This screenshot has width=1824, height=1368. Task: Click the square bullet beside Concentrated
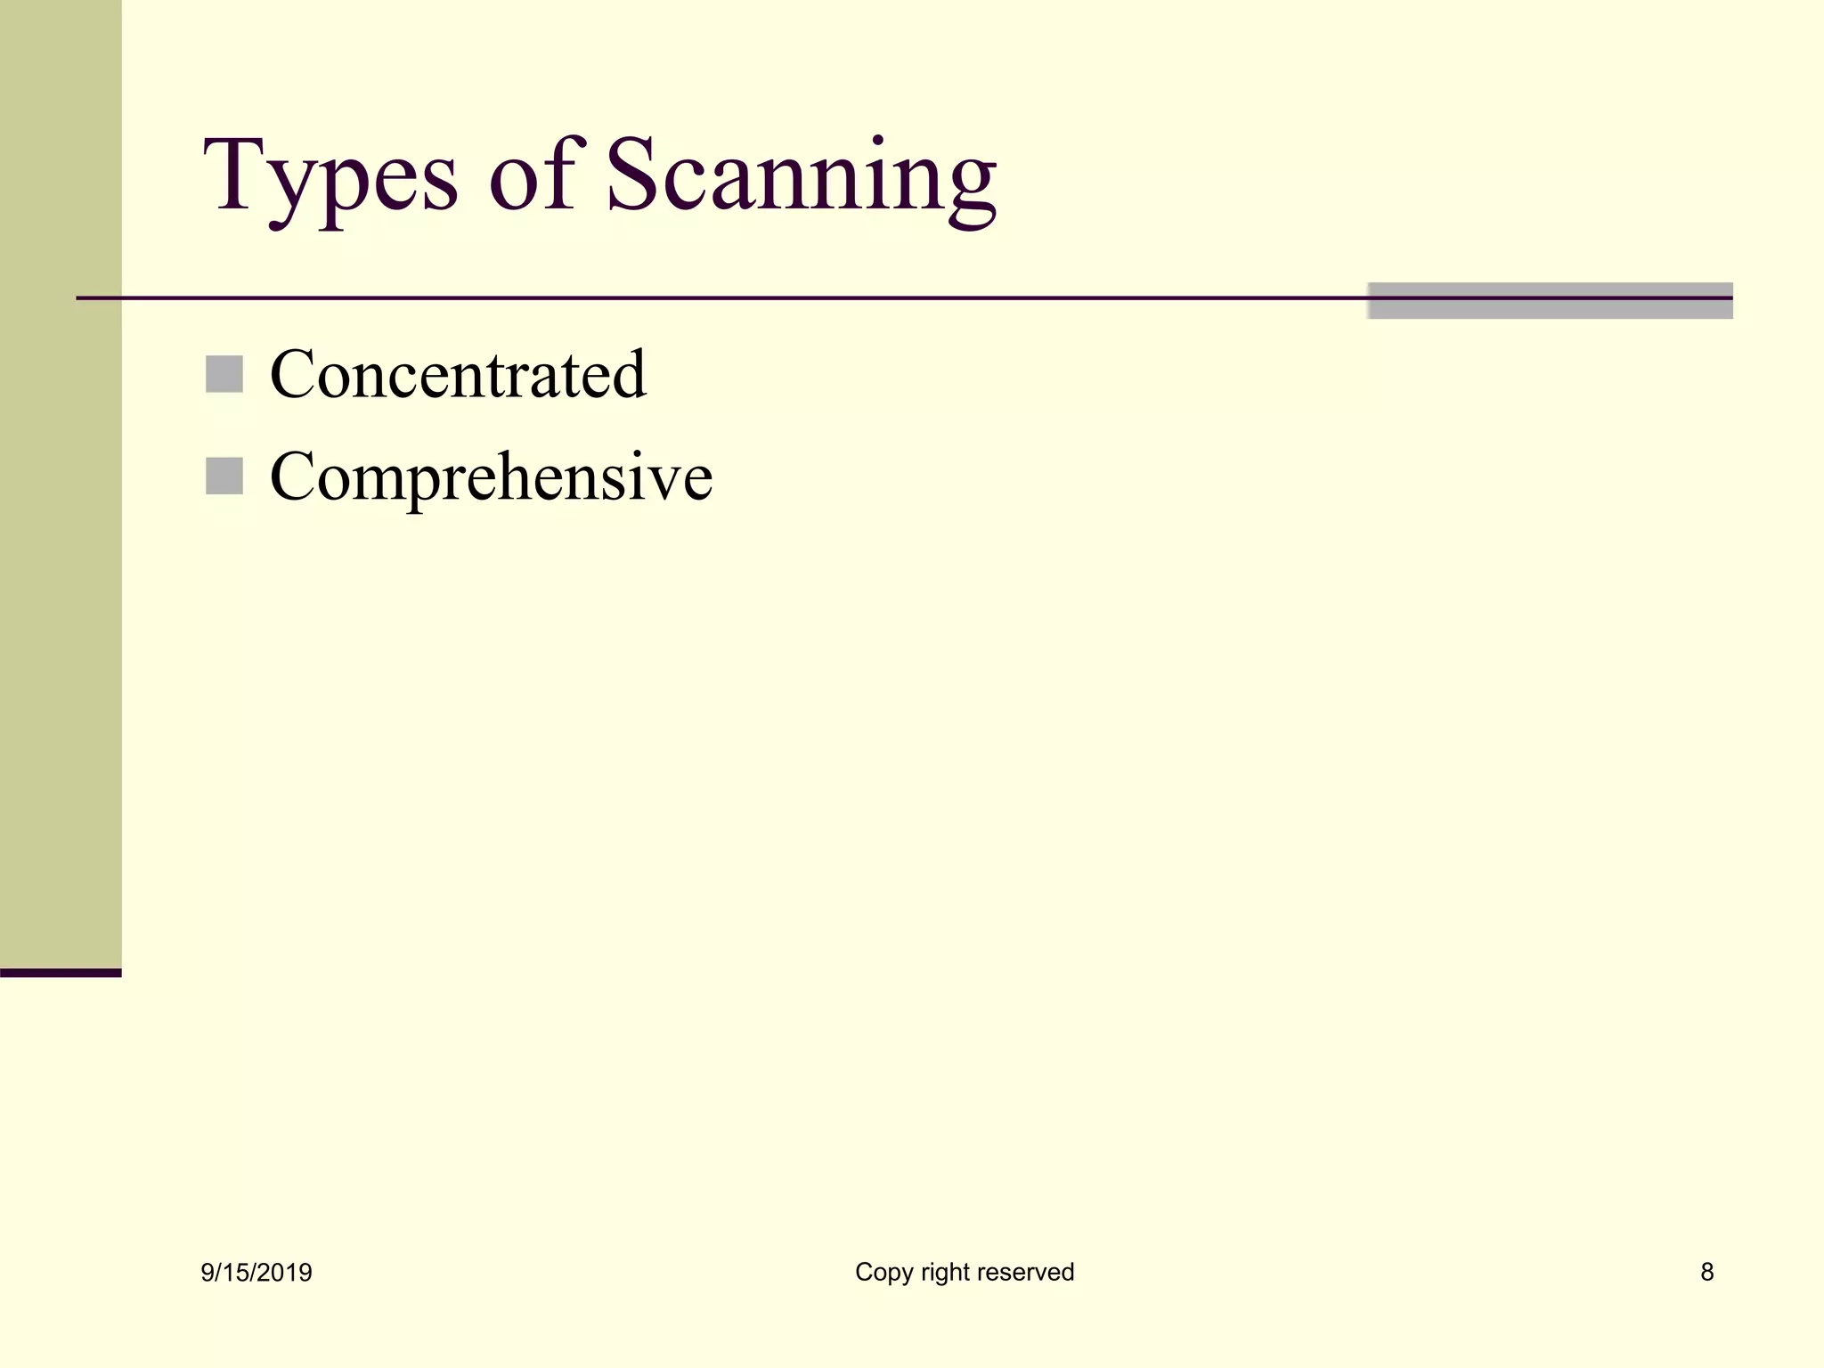[x=224, y=374]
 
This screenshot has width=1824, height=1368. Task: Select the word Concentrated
[x=458, y=374]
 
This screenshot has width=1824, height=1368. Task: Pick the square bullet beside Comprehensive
[x=224, y=476]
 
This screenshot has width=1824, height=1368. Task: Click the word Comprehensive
[x=491, y=477]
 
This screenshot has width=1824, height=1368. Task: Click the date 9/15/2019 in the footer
[x=256, y=1273]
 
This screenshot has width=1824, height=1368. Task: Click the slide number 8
[x=1706, y=1272]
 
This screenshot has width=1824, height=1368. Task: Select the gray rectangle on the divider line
[x=1550, y=301]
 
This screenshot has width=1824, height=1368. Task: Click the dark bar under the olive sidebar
[x=61, y=973]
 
